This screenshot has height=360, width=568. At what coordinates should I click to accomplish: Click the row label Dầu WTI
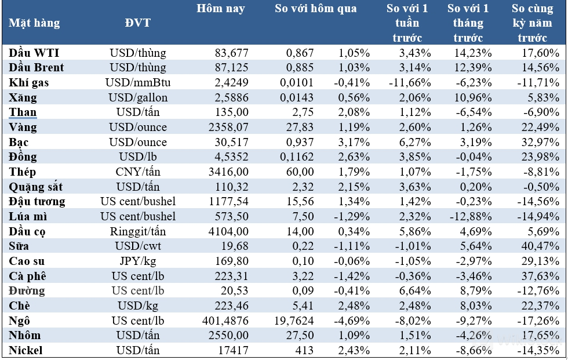[34, 53]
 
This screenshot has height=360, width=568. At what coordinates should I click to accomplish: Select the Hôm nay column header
[221, 8]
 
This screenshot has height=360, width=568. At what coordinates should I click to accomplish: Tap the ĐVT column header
[138, 23]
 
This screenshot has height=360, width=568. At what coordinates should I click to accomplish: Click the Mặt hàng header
[34, 23]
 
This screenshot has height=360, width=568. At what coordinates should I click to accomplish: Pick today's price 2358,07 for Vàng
[228, 128]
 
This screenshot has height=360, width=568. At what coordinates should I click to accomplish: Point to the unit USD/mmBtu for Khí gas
[138, 83]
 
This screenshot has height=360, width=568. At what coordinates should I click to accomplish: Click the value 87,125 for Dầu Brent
[231, 68]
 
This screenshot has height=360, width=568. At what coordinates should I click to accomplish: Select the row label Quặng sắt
[36, 187]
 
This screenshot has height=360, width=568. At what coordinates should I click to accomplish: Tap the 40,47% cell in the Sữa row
[540, 246]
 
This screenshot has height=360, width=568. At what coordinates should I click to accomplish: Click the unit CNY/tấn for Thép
[138, 172]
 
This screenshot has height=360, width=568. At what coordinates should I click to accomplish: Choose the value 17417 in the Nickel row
[234, 351]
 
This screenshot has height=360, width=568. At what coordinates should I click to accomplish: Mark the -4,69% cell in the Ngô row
[352, 321]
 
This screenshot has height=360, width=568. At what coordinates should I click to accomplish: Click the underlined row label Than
[23, 112]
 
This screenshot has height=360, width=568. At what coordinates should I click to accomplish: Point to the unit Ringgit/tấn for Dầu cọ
[138, 231]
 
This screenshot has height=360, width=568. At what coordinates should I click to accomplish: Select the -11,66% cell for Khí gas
[410, 83]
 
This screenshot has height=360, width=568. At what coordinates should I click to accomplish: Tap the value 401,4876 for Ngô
[225, 321]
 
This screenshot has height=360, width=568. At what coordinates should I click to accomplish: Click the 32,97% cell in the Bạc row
[540, 143]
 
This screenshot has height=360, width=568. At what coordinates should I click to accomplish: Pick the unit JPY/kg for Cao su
[138, 261]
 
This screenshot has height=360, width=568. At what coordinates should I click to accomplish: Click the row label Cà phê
[28, 277]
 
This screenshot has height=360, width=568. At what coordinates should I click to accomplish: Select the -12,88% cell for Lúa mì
[471, 217]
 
